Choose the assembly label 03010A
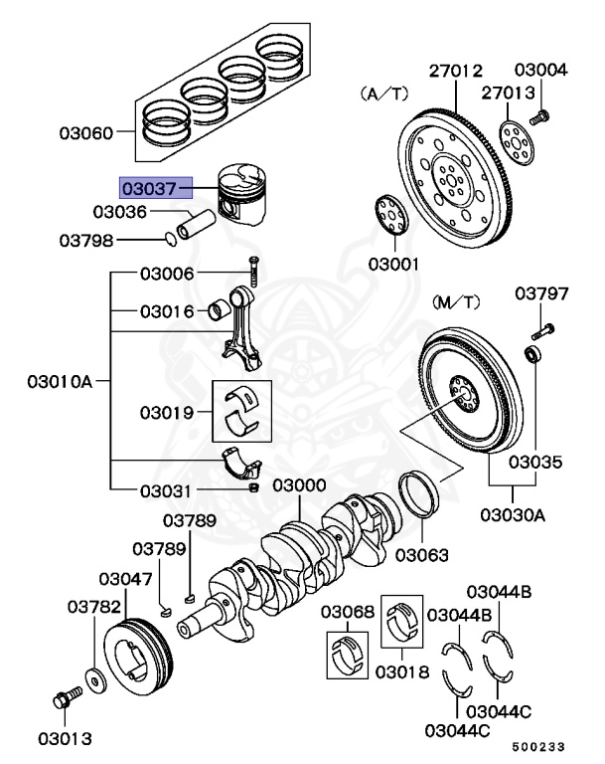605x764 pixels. [65, 381]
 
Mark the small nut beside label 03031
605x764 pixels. [252, 488]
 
